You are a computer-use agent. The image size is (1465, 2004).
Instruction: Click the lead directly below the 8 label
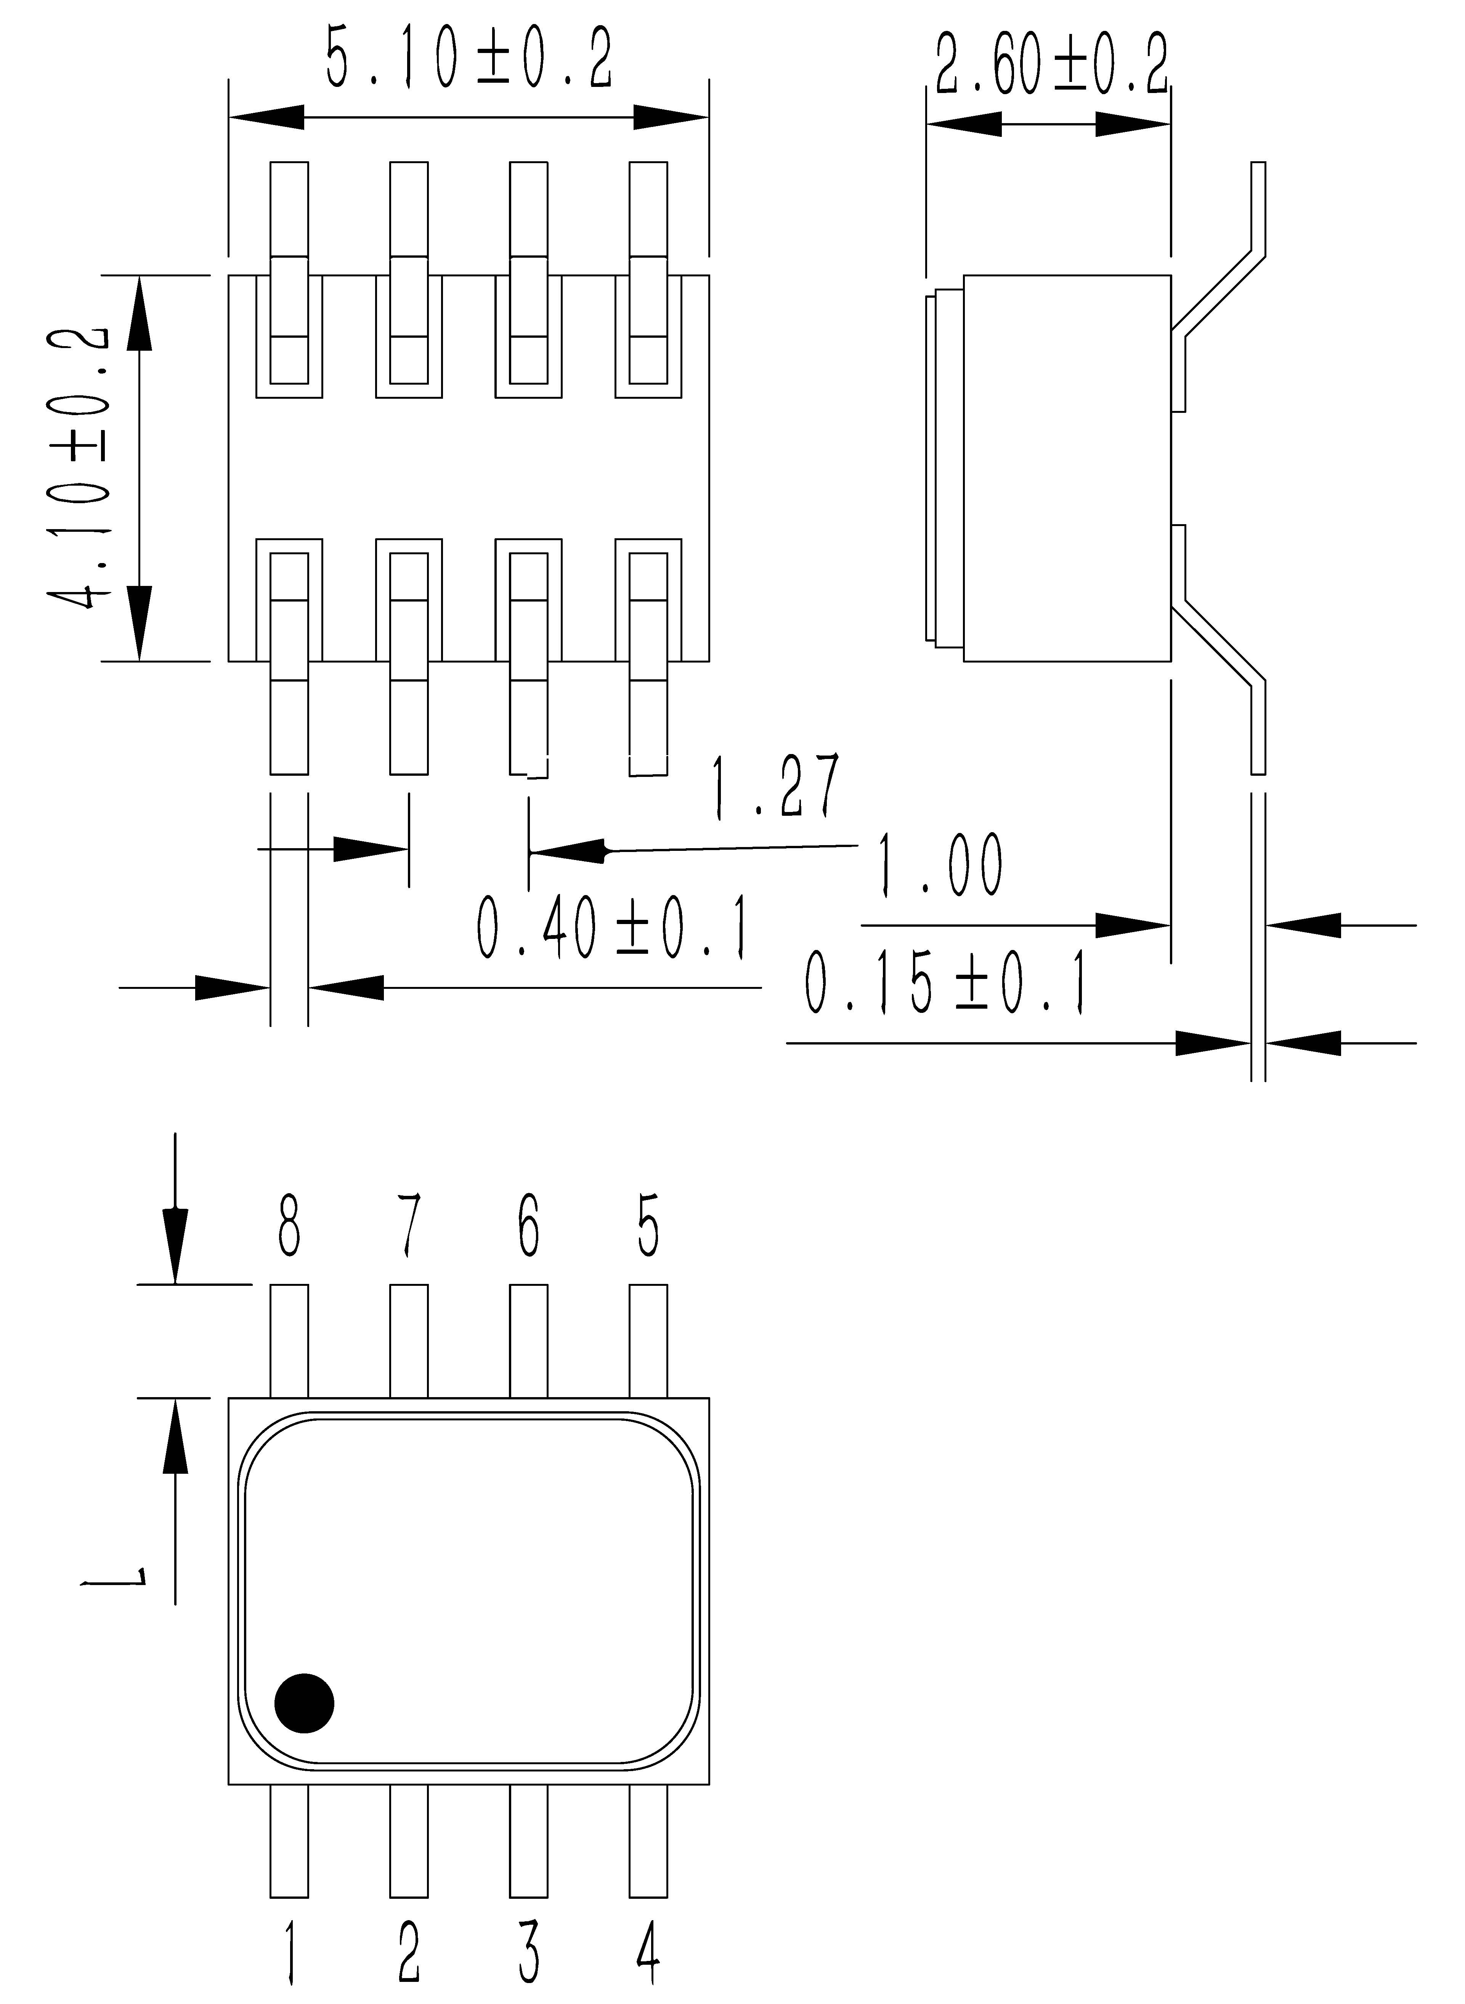point(289,1341)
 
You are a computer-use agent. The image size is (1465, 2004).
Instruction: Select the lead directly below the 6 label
point(528,1341)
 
